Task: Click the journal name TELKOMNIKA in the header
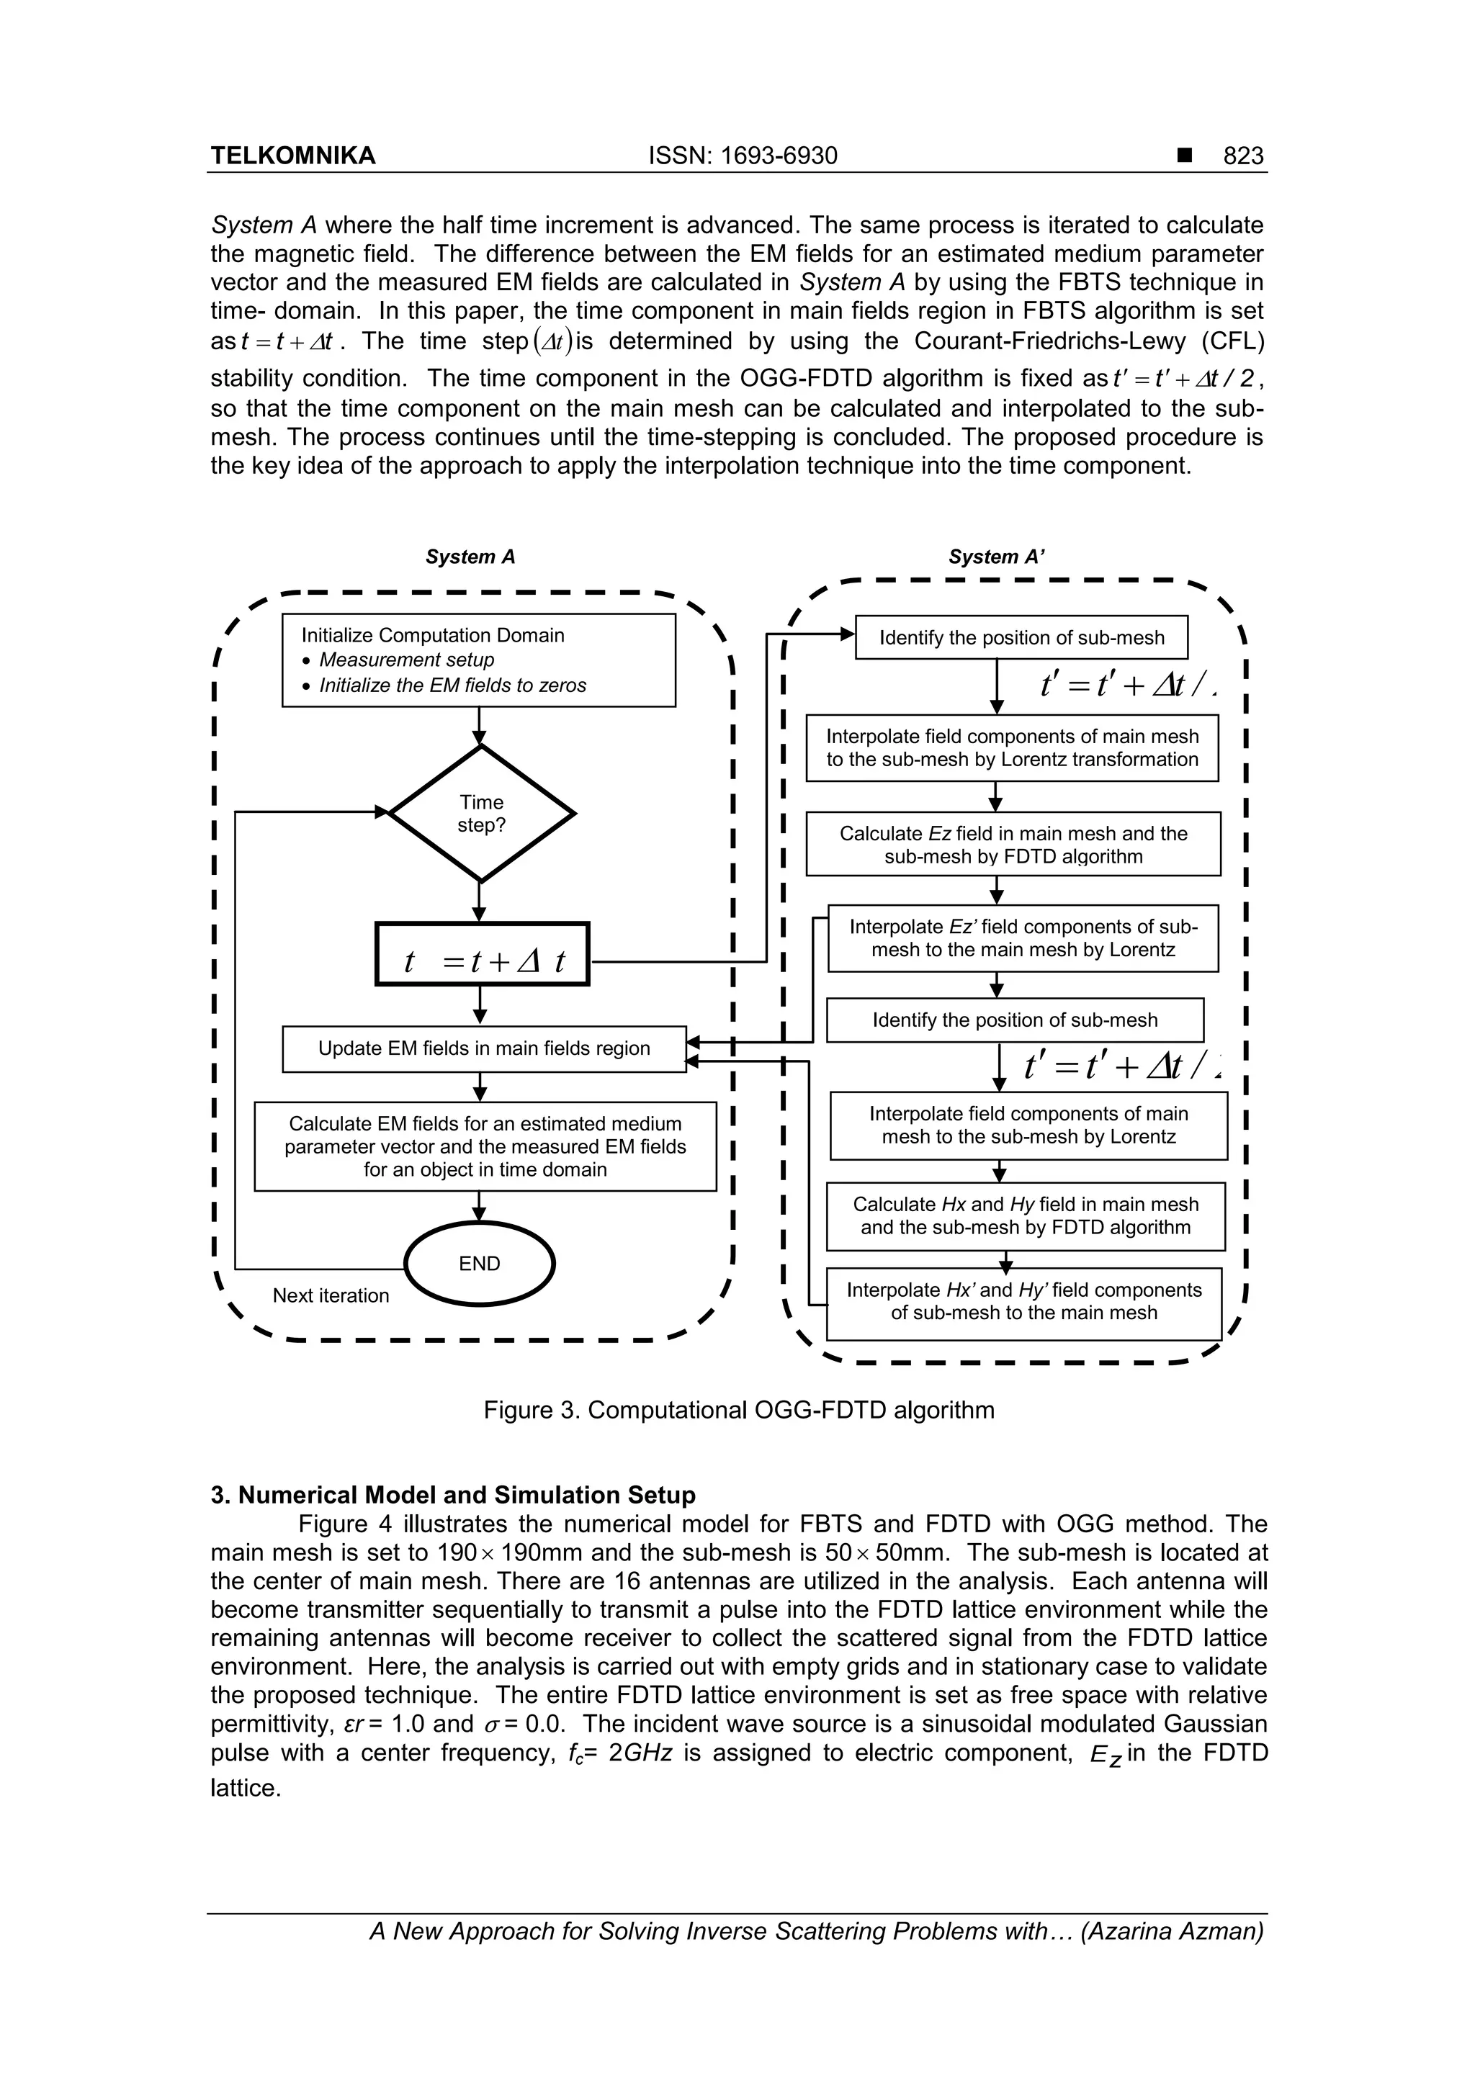coord(292,156)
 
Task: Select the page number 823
coord(1242,156)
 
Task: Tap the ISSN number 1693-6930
coord(743,156)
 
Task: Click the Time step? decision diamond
coord(481,813)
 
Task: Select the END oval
coord(479,1263)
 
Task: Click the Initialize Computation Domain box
coord(478,660)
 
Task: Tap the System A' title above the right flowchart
coord(996,557)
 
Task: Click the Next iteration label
coord(331,1295)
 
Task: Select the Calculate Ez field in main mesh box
coord(1013,844)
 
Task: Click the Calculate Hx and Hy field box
coord(1025,1215)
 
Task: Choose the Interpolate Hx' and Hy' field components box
coord(1023,1302)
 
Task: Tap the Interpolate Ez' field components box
coord(1023,938)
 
